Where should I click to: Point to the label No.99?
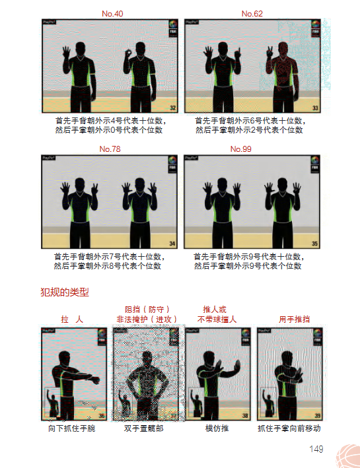240,149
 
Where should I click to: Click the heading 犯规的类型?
65,291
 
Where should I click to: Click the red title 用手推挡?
294,319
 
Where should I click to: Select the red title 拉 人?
72,319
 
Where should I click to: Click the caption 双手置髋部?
143,428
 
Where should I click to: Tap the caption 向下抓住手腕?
72,428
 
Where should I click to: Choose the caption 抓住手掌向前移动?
289,428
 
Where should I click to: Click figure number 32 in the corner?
173,108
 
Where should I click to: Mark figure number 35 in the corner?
315,244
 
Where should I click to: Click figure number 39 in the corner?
318,416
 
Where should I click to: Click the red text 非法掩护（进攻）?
147,319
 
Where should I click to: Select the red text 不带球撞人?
217,319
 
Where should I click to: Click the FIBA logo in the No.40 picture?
172,28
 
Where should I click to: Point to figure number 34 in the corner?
173,244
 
